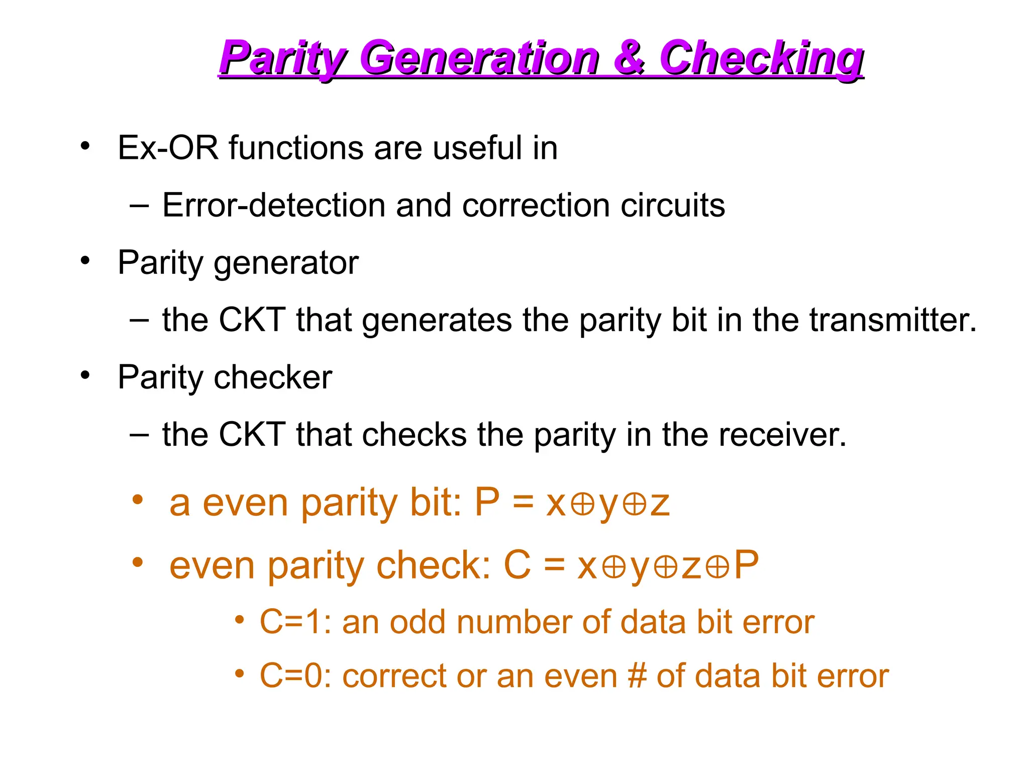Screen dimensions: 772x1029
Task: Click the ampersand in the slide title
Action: pyautogui.click(x=629, y=58)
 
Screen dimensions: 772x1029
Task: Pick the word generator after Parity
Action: pyautogui.click(x=286, y=263)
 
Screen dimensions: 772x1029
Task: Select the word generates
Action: pyautogui.click(x=437, y=321)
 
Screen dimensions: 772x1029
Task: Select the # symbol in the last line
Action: pyautogui.click(x=637, y=675)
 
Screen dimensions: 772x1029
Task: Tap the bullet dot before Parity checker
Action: pyautogui.click(x=85, y=375)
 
